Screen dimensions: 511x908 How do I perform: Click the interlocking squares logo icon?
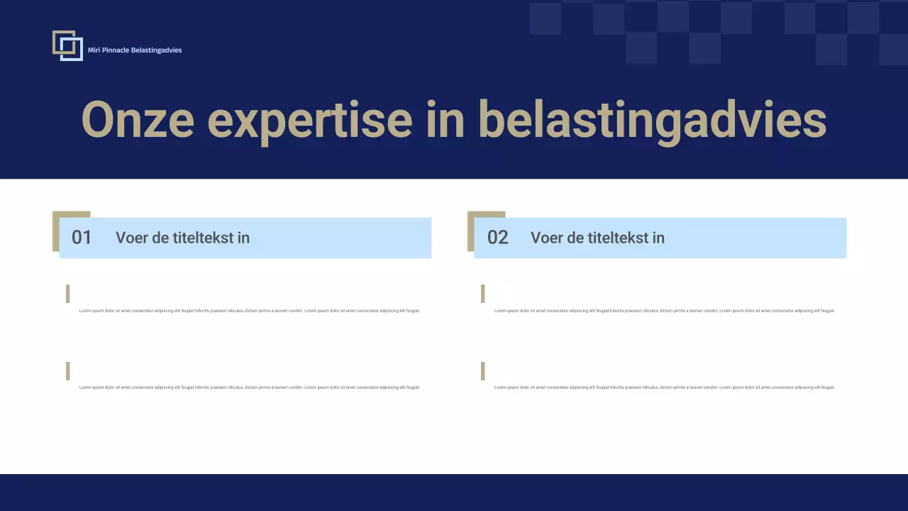tap(67, 45)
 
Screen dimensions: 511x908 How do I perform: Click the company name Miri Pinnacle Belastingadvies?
tap(135, 50)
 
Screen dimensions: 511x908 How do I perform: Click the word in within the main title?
tap(445, 119)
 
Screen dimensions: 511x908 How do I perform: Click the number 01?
tap(82, 238)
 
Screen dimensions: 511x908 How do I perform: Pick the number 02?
tap(497, 238)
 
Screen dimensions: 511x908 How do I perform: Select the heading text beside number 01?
tap(182, 238)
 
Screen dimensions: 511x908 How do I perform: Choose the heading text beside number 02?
tap(597, 238)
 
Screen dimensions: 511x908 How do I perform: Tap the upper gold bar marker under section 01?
tap(68, 294)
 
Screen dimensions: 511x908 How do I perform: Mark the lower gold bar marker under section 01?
tap(68, 371)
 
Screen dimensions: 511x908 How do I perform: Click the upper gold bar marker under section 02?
tap(483, 294)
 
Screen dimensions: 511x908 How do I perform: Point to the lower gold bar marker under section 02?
tap(483, 371)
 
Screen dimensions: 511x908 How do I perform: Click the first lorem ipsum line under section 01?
tap(249, 311)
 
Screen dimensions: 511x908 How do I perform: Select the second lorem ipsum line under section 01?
tap(249, 388)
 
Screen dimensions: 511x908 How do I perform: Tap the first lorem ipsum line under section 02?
tap(664, 311)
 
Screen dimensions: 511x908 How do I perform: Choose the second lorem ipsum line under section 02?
tap(664, 388)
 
